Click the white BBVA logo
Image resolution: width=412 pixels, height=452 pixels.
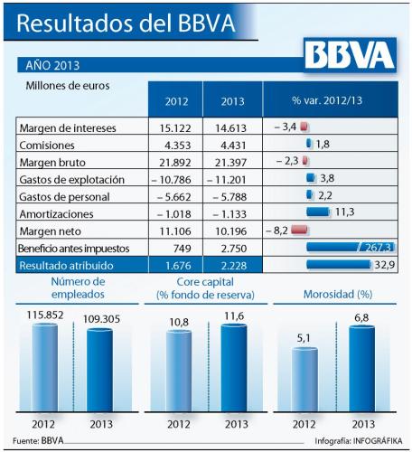coord(350,55)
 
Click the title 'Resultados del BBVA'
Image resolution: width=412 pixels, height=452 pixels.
coord(126,23)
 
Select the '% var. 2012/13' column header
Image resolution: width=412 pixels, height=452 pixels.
coord(327,100)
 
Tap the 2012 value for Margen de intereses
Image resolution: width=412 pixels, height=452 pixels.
coord(175,128)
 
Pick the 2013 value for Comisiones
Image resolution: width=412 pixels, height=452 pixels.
coord(233,146)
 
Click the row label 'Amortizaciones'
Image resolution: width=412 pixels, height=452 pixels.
coord(56,214)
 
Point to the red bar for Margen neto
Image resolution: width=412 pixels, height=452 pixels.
coord(299,230)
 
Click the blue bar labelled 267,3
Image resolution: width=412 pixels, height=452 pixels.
coord(351,248)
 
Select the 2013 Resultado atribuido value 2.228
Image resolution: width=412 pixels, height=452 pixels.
coord(233,266)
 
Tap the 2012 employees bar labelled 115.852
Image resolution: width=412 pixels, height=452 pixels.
coord(45,368)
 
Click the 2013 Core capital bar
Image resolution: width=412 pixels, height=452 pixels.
coord(234,368)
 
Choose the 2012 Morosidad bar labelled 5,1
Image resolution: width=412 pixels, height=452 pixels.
coord(305,380)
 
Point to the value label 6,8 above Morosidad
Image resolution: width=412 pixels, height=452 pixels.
coord(361,317)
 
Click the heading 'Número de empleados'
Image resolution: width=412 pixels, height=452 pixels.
coord(78,287)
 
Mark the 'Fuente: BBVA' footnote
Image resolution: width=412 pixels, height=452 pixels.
coord(38,440)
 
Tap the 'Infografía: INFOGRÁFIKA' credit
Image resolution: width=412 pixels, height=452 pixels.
coord(359,441)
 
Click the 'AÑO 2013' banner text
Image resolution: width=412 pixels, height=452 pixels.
coord(52,65)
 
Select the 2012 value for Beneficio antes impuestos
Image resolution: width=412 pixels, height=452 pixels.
coord(183,249)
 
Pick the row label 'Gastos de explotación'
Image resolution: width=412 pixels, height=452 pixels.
coord(72,180)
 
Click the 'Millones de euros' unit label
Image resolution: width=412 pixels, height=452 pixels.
coord(68,86)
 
